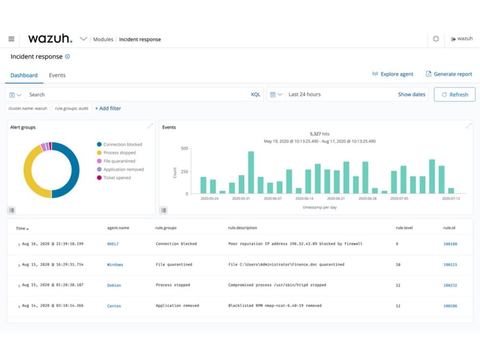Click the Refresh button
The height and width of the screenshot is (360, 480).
[x=455, y=95]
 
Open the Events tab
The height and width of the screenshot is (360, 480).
[x=57, y=75]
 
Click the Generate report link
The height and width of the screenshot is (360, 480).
[x=449, y=74]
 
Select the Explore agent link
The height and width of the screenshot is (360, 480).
[x=393, y=74]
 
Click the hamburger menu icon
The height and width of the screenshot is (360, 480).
[x=12, y=39]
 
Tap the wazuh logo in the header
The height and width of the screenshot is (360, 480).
[x=50, y=39]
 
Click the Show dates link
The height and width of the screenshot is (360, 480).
[x=411, y=95]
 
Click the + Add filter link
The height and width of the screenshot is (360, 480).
[x=108, y=108]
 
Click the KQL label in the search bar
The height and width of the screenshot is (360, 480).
[x=255, y=95]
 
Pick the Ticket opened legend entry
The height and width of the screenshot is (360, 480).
[x=117, y=178]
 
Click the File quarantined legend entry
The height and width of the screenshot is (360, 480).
[x=119, y=161]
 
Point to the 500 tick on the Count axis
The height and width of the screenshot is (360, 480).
[x=184, y=149]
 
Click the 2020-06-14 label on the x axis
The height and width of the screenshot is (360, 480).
[x=304, y=198]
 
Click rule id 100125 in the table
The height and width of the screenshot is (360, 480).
[x=450, y=264]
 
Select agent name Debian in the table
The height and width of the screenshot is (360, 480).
[x=114, y=285]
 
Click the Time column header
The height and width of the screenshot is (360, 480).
[x=21, y=228]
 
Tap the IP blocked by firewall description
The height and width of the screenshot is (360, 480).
[x=295, y=244]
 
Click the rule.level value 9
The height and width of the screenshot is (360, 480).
[x=396, y=244]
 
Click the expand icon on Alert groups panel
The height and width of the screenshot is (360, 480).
[x=150, y=126]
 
